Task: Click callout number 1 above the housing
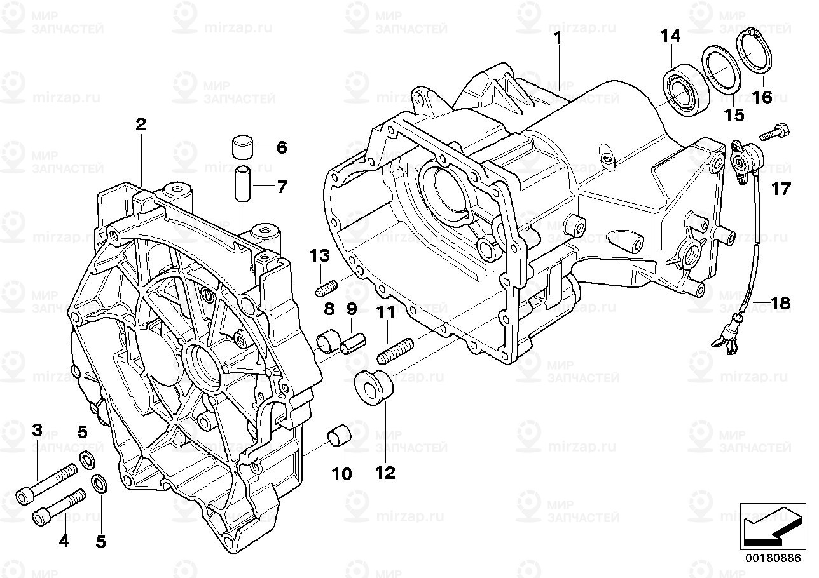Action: pyautogui.click(x=558, y=38)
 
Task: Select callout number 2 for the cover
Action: pyautogui.click(x=141, y=124)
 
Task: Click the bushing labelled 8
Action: pyautogui.click(x=329, y=340)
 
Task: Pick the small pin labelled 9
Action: pyautogui.click(x=353, y=344)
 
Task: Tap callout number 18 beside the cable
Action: pyautogui.click(x=781, y=303)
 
